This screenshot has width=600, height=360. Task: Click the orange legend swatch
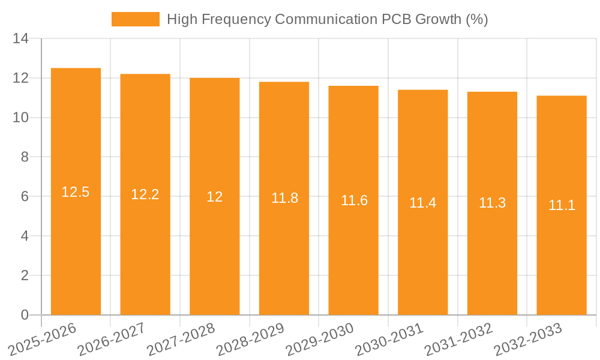click(135, 19)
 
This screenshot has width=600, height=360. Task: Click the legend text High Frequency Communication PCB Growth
click(327, 19)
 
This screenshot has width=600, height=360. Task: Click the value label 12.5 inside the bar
click(76, 192)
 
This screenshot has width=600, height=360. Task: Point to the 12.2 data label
click(145, 194)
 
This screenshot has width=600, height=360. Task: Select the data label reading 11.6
click(354, 200)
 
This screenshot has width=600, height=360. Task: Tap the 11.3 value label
click(492, 203)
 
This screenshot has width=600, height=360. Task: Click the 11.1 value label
click(562, 205)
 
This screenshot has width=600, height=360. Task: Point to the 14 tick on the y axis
click(21, 39)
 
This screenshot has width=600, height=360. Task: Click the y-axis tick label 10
click(21, 118)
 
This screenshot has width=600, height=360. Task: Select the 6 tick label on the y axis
click(25, 197)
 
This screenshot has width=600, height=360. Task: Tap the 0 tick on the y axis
click(25, 315)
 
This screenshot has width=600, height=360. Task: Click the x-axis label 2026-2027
click(112, 340)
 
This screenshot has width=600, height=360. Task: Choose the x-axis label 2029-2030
click(320, 340)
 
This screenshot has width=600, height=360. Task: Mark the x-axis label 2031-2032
click(459, 340)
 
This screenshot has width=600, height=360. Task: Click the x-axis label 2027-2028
click(181, 340)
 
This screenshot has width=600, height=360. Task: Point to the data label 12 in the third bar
click(215, 197)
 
